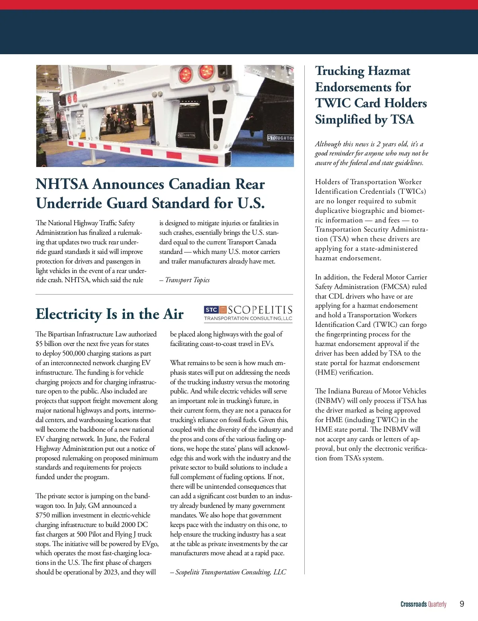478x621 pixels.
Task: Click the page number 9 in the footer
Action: coord(462,604)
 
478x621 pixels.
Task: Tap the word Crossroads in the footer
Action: coord(413,604)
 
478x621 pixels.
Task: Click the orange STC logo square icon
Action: coord(223,310)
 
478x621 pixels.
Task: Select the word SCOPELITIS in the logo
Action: coord(260,310)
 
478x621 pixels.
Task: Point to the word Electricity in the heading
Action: coord(69,314)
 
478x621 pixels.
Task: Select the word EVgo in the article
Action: coord(150,544)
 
